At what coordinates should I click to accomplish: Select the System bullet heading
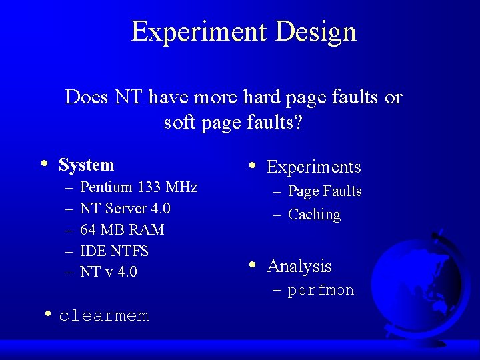pyautogui.click(x=87, y=165)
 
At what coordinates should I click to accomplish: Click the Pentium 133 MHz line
pyautogui.click(x=139, y=187)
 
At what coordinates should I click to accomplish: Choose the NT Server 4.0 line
pyautogui.click(x=125, y=208)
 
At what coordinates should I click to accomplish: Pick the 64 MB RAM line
pyautogui.click(x=121, y=229)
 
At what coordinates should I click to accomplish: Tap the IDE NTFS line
pyautogui.click(x=114, y=251)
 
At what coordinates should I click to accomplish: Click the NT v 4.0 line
pyautogui.click(x=108, y=272)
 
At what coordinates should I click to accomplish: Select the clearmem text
pyautogui.click(x=103, y=315)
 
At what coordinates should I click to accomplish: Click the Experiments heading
pyautogui.click(x=313, y=167)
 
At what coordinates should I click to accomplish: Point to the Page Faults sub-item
pyautogui.click(x=325, y=191)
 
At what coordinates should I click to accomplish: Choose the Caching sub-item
pyautogui.click(x=314, y=215)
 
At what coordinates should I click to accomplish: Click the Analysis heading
pyautogui.click(x=299, y=266)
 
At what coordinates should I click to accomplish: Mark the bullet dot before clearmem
pyautogui.click(x=48, y=313)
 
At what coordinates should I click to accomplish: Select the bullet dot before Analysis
pyautogui.click(x=253, y=264)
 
